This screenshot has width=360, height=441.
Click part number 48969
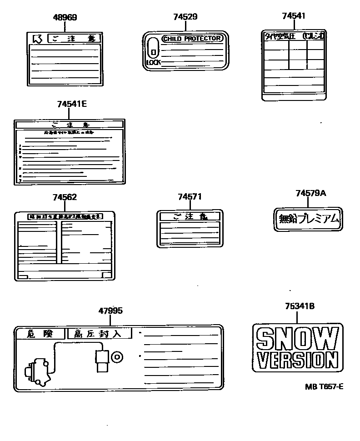click(x=65, y=18)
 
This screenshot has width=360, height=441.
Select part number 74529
click(x=185, y=17)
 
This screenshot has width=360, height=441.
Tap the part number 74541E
click(x=72, y=104)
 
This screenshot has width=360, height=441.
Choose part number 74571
click(x=190, y=196)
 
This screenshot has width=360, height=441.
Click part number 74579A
click(x=311, y=193)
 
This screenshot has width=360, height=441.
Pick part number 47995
click(x=110, y=311)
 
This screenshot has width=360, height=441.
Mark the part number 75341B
click(x=300, y=306)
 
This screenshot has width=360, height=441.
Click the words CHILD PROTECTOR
click(x=192, y=39)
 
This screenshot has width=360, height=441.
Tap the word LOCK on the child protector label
click(x=153, y=62)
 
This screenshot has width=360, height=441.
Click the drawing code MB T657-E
click(x=324, y=387)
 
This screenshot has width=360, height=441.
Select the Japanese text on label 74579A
click(x=309, y=220)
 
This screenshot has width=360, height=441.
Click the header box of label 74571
click(x=190, y=217)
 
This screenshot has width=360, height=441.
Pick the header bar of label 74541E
click(x=69, y=124)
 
